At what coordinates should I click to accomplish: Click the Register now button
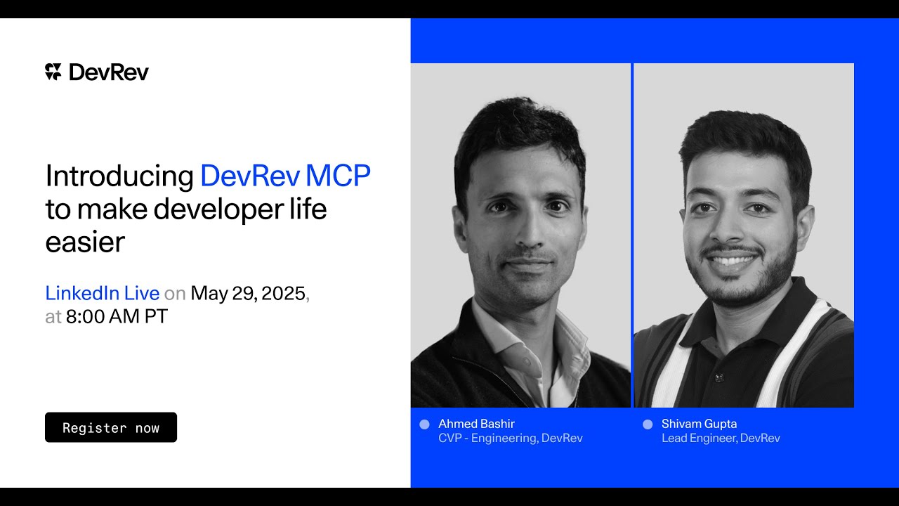[111, 427]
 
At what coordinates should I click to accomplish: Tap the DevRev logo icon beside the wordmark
[53, 72]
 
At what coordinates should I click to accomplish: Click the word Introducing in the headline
[119, 176]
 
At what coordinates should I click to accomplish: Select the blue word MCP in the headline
[338, 176]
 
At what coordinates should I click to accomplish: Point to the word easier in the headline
[85, 242]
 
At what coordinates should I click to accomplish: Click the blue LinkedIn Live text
[103, 293]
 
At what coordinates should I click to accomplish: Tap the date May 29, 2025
[248, 293]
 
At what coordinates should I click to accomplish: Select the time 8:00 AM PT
[117, 316]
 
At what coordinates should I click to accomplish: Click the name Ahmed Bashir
[476, 424]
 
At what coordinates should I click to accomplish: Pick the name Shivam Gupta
[699, 424]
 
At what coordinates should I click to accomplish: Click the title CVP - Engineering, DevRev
[511, 438]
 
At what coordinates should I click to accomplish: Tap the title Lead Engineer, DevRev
[721, 438]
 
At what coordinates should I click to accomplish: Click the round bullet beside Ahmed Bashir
[424, 424]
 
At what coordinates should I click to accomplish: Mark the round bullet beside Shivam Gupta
[648, 424]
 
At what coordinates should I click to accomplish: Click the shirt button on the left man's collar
[527, 361]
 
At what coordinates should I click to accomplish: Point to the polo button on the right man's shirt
[718, 377]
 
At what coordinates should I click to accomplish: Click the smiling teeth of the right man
[732, 261]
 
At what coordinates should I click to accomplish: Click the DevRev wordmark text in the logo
[109, 72]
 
